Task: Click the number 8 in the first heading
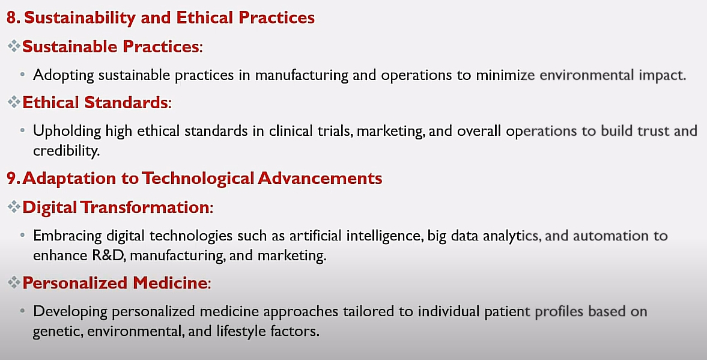coord(12,17)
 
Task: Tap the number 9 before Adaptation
coord(12,178)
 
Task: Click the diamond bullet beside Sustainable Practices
coord(14,46)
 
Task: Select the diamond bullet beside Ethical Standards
coord(14,102)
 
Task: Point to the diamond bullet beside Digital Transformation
coord(14,207)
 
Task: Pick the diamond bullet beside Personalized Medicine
coord(14,282)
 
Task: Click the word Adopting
coord(64,75)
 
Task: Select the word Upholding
coord(67,131)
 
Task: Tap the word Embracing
coord(68,236)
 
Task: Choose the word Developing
coord(70,312)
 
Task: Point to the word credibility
coord(66,151)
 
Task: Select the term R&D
coord(109,256)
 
